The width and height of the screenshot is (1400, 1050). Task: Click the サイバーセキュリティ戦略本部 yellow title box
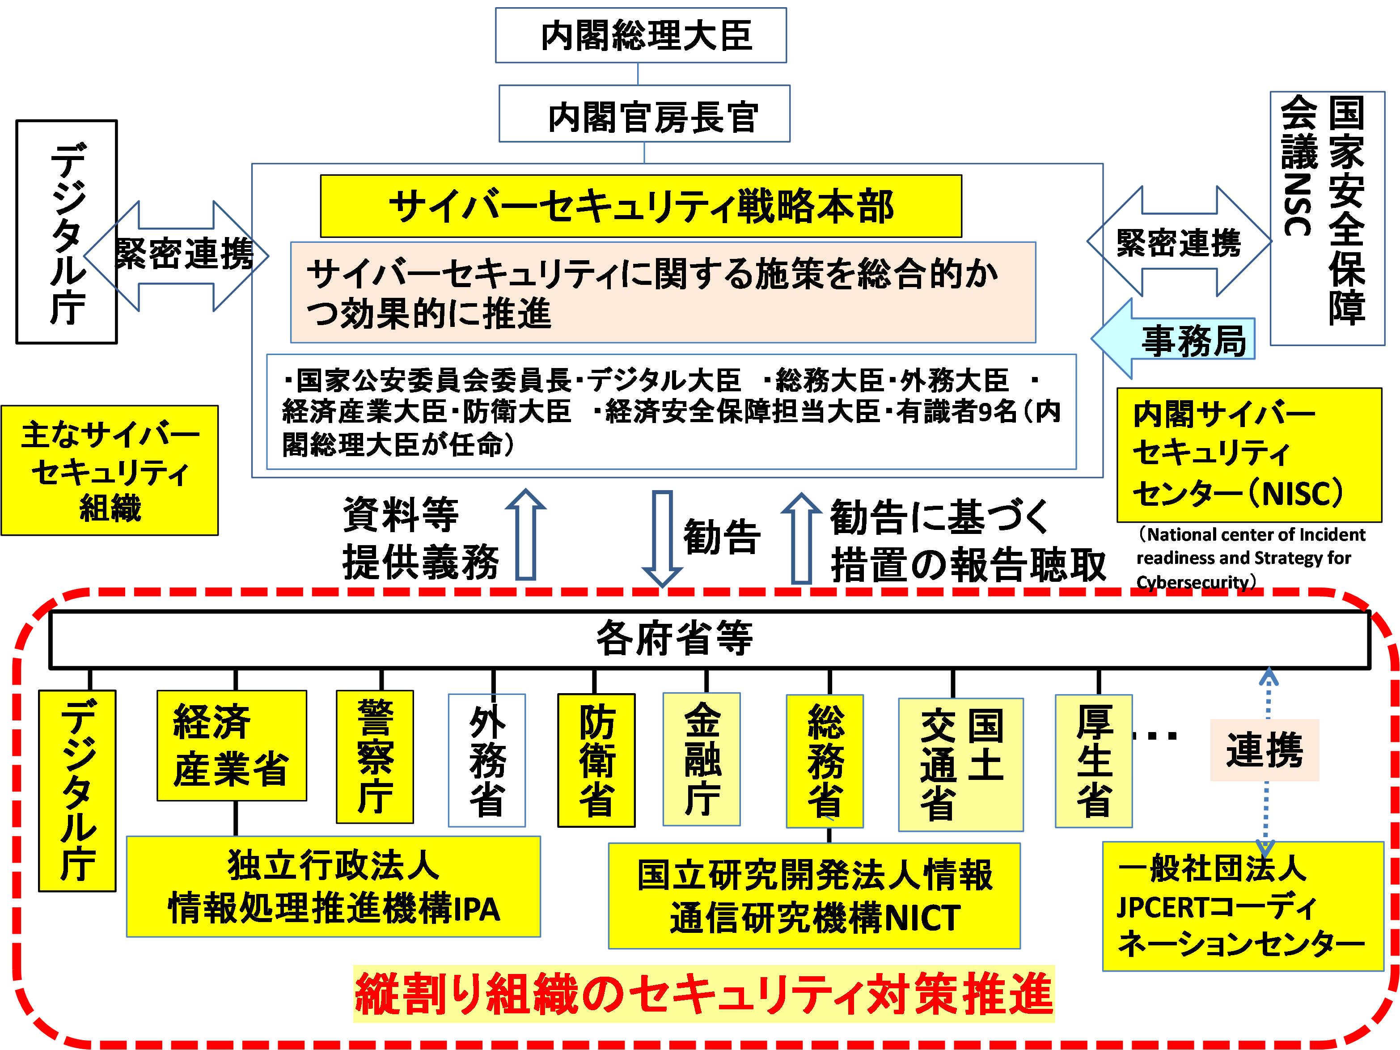[640, 206]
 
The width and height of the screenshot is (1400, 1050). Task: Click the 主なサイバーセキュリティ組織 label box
[110, 470]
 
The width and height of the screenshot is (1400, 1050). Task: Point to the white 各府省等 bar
[709, 639]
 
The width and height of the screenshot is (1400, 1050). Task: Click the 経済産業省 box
[232, 745]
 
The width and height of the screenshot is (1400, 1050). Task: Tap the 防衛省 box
[596, 759]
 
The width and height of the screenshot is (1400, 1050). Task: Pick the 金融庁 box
[701, 759]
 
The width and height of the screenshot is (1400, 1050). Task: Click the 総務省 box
[825, 761]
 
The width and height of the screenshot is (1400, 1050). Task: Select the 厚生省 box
[1094, 761]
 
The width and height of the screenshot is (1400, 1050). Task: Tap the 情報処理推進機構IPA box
[334, 886]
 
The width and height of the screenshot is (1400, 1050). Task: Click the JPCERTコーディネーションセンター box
[1243, 906]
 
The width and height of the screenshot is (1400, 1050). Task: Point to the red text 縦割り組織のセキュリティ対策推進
[704, 994]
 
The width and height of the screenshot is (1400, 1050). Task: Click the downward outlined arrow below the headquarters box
[662, 538]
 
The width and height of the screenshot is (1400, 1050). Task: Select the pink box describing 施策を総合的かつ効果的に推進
[663, 292]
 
